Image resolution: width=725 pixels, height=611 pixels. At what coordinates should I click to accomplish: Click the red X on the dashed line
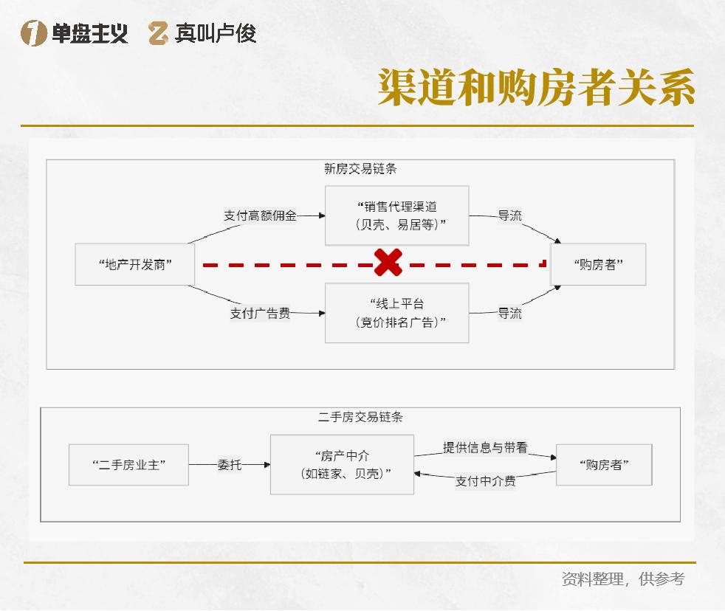[388, 263]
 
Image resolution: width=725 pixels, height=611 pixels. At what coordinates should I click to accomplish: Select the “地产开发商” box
[135, 264]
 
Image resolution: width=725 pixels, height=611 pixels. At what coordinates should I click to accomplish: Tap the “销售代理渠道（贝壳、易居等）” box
[397, 215]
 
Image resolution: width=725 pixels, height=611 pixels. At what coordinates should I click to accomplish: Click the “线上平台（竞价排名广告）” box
[397, 312]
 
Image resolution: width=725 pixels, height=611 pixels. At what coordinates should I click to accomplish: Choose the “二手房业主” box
[129, 464]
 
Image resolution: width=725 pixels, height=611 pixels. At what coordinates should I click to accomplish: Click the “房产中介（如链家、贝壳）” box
[342, 464]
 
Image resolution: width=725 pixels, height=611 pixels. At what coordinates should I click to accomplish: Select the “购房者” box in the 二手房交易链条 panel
[604, 464]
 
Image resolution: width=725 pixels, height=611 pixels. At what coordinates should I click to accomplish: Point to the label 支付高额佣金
[260, 216]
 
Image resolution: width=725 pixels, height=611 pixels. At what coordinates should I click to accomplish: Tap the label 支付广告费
[260, 314]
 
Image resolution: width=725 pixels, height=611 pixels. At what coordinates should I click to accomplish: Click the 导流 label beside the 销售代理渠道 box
[509, 215]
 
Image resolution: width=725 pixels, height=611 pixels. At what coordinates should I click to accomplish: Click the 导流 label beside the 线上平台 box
[509, 313]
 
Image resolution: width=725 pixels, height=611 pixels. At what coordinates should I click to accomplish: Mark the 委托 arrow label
[229, 465]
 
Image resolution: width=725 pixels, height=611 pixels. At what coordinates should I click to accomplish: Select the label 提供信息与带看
[485, 447]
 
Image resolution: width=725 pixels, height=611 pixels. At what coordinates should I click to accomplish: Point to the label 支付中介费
[485, 481]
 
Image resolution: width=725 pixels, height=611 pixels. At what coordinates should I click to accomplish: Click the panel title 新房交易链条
[360, 168]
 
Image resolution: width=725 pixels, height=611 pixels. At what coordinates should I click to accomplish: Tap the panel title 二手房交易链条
[360, 417]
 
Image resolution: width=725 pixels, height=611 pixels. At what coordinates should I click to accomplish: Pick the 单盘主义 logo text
[89, 33]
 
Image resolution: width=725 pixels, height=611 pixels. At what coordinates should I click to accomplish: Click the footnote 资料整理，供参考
[622, 579]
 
